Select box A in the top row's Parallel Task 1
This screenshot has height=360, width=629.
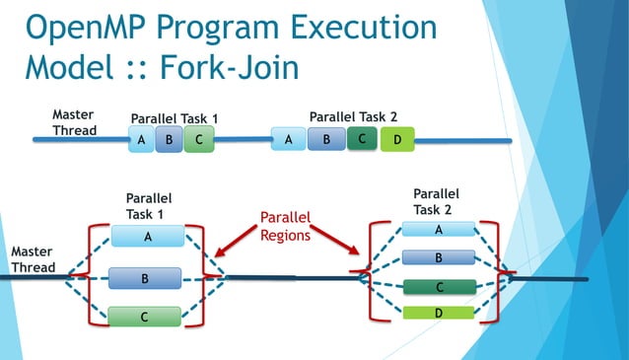tap(142, 140)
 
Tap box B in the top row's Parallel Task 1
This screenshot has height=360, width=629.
tap(170, 140)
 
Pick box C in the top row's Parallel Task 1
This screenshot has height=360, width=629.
tap(198, 140)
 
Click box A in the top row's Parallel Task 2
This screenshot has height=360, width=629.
tap(288, 140)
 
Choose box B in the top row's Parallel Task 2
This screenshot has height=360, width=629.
tap(326, 140)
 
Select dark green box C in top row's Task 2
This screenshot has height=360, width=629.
tap(362, 139)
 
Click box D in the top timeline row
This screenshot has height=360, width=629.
tap(396, 140)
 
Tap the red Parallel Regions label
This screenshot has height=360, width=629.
tap(285, 226)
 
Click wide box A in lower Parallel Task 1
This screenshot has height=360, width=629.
tap(148, 237)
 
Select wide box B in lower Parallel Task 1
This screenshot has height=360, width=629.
tap(145, 279)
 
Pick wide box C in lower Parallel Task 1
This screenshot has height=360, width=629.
tap(145, 318)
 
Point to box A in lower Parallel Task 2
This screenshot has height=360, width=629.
tap(439, 230)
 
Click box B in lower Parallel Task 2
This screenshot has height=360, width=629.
tap(439, 258)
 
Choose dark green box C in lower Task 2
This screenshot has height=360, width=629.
tap(439, 288)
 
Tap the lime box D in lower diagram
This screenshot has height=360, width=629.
tap(439, 314)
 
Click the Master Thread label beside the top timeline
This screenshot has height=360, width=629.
tap(73, 122)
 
